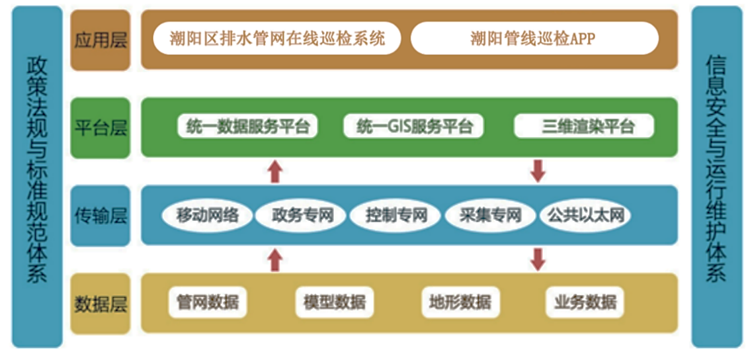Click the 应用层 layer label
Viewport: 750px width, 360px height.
(101, 39)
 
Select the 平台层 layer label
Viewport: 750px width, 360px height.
(101, 127)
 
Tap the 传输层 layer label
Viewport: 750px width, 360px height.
(101, 215)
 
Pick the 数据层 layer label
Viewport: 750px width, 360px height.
(101, 304)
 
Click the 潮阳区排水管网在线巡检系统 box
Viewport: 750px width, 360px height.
(277, 39)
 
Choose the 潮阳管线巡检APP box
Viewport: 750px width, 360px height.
(534, 39)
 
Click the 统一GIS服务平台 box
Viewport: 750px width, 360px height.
(413, 126)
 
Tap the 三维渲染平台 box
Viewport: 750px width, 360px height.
(584, 126)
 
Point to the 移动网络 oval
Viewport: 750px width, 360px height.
(207, 215)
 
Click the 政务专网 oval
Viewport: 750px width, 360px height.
(301, 215)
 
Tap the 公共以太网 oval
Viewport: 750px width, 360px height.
(584, 215)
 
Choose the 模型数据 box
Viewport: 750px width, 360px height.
(333, 303)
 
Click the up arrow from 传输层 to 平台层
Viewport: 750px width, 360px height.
(275, 172)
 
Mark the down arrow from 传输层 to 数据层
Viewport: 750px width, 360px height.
(538, 259)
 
